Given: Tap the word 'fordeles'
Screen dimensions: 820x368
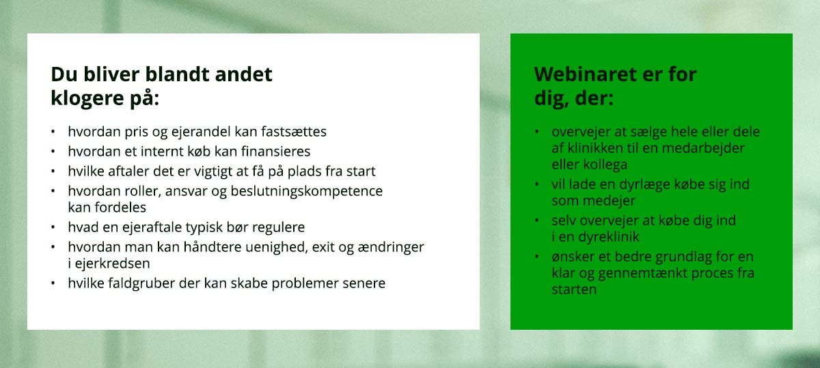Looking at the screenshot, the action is click(120, 208).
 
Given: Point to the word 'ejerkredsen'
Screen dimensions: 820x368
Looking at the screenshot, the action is click(112, 264).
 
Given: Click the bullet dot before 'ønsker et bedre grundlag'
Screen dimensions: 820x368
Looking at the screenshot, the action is click(536, 257).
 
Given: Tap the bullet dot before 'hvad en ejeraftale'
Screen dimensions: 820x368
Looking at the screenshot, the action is click(53, 227).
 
